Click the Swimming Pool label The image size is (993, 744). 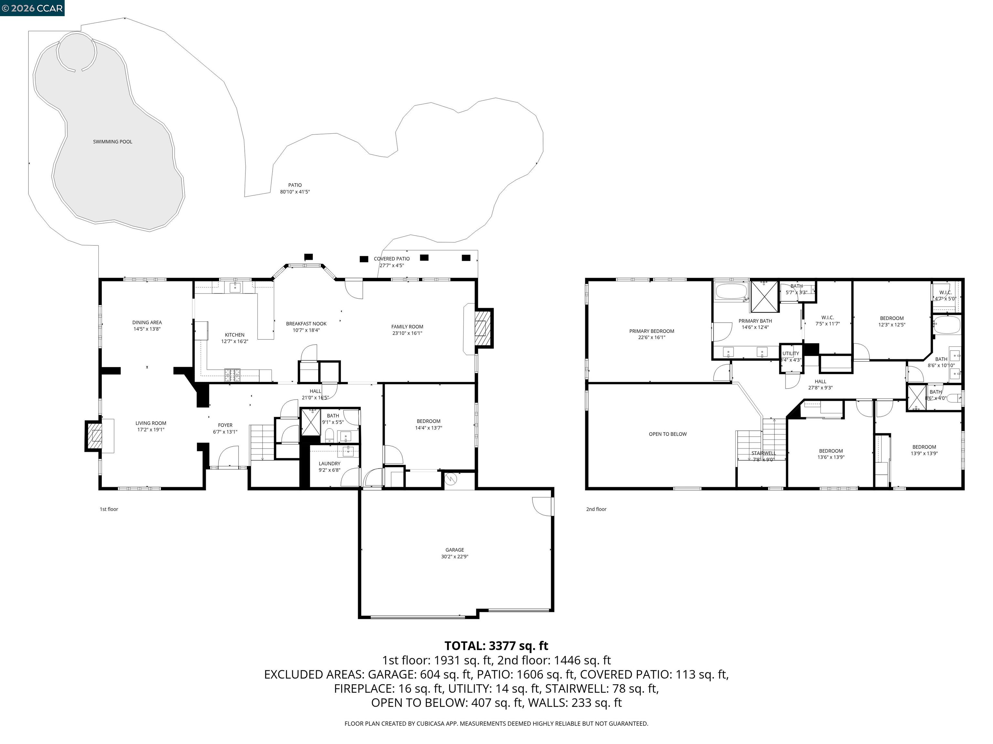[113, 142]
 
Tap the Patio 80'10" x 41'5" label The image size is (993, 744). [295, 188]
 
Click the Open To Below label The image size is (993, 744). [667, 434]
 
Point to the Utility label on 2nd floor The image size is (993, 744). [791, 353]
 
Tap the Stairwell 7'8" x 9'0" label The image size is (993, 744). [763, 456]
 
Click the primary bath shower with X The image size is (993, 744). [764, 296]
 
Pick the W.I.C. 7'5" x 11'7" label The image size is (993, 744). [827, 321]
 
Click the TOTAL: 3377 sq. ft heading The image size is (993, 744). [496, 646]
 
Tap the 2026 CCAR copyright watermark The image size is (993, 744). [32, 8]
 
